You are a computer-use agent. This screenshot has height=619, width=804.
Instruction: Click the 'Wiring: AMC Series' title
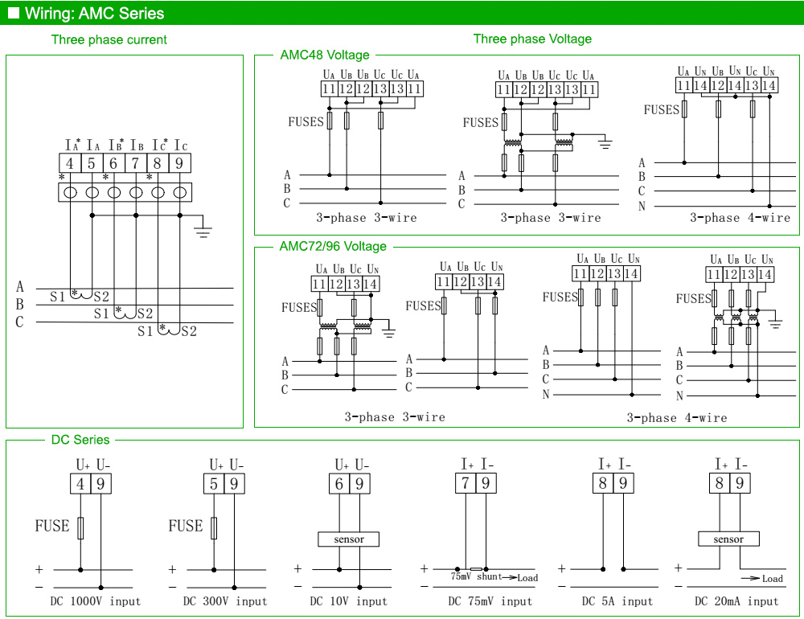point(94,14)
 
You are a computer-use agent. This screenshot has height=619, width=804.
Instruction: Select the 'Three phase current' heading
point(109,39)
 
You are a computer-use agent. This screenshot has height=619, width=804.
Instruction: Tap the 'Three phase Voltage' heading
point(532,39)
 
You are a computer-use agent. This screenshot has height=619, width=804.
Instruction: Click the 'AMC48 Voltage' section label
point(325,55)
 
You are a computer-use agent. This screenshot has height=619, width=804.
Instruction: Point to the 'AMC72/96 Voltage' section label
point(333,247)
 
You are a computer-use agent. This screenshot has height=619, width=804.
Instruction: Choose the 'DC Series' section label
point(80,440)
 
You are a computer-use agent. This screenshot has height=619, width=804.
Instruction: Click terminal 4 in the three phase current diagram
point(70,163)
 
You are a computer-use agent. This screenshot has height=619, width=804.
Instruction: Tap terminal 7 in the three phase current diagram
point(135,163)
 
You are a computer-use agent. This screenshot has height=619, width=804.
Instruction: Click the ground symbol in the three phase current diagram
point(203,231)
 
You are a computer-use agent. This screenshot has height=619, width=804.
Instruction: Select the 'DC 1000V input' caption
point(96,601)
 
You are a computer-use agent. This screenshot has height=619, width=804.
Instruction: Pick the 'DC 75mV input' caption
point(490,601)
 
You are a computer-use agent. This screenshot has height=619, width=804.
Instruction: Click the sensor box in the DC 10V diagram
point(349,539)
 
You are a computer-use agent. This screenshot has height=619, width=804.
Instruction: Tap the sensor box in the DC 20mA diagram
point(728,539)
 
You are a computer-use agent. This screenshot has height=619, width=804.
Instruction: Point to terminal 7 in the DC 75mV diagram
point(466,483)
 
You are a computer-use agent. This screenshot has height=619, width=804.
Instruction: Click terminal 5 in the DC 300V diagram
point(214,484)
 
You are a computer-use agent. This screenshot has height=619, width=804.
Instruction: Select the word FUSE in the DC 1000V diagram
point(52,526)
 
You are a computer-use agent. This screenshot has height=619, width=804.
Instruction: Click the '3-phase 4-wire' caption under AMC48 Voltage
point(740,218)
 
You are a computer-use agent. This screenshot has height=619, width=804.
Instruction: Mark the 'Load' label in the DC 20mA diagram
point(772,579)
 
